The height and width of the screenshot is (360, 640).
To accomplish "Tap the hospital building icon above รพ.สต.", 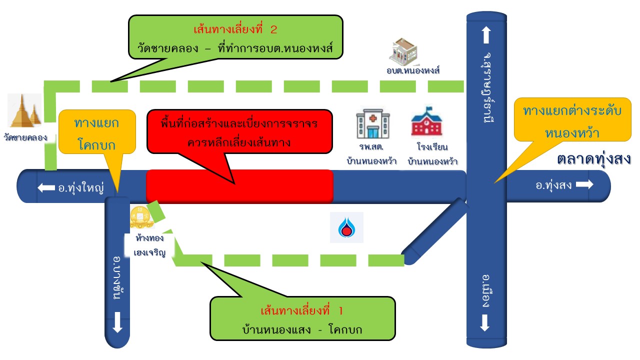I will [x=372, y=124].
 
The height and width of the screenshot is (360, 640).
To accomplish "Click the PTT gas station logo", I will [x=346, y=227].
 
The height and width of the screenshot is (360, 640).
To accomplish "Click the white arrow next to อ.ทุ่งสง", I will [x=584, y=184].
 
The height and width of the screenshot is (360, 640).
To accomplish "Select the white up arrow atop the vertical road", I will [x=486, y=35].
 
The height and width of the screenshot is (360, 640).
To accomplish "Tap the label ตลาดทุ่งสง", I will [x=593, y=159].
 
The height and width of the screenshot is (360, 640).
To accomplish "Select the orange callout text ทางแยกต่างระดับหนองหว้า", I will [x=572, y=122].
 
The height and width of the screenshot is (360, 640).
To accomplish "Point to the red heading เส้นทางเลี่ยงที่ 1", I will [x=302, y=311].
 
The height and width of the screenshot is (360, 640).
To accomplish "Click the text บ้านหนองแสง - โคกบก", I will [x=302, y=330].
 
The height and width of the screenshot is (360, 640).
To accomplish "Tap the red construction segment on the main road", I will [x=239, y=186].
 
